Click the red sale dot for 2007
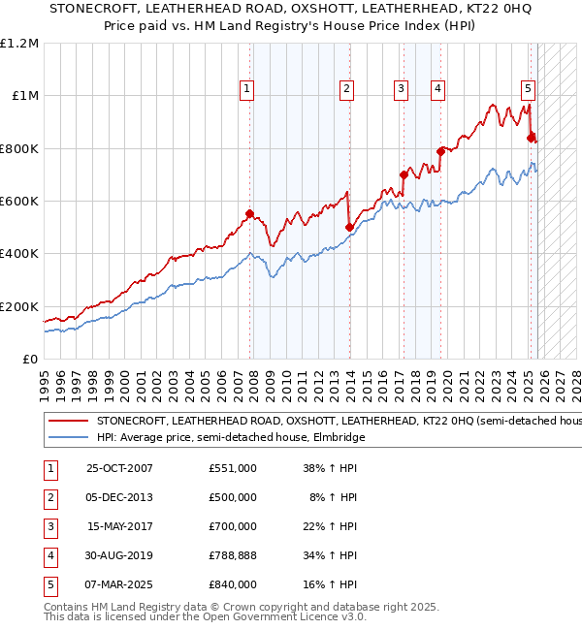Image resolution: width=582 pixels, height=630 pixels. [x=250, y=213]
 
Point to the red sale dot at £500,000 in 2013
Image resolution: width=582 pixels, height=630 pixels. [x=349, y=227]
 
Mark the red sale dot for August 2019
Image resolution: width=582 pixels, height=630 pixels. [x=440, y=151]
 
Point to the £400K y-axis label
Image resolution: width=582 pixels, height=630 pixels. [x=20, y=254]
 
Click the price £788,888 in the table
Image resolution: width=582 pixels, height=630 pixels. [x=232, y=555]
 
